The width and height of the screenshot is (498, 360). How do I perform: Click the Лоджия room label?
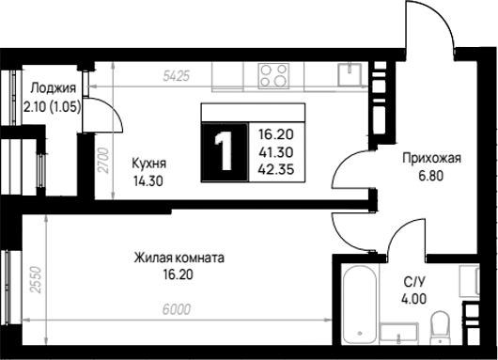click(x=53, y=88)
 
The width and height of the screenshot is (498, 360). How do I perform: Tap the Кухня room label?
click(x=149, y=164)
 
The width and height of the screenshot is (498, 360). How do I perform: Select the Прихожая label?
click(x=431, y=158)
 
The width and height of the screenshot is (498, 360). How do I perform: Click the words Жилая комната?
click(x=179, y=258)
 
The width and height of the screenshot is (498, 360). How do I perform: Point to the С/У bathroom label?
click(x=413, y=282)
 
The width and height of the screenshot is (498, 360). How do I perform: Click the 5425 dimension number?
click(x=176, y=76)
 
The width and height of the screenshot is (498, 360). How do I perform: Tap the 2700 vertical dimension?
click(x=103, y=161)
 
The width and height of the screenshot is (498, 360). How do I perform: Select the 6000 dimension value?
click(x=177, y=309)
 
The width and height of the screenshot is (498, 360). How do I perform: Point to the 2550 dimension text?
click(x=36, y=280)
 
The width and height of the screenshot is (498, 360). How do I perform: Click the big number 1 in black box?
click(x=225, y=152)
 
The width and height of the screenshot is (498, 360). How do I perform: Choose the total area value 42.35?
click(x=276, y=170)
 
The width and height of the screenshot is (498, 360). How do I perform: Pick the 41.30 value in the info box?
click(x=276, y=152)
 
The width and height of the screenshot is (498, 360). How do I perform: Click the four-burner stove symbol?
click(x=273, y=76)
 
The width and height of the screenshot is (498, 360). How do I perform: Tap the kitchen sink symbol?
click(x=350, y=75)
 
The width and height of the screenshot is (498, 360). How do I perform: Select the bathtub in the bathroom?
click(x=360, y=305)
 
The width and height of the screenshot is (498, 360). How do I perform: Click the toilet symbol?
click(x=440, y=327)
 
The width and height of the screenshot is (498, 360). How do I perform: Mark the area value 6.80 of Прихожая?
click(x=430, y=176)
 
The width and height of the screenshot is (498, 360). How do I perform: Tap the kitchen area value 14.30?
click(x=148, y=181)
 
